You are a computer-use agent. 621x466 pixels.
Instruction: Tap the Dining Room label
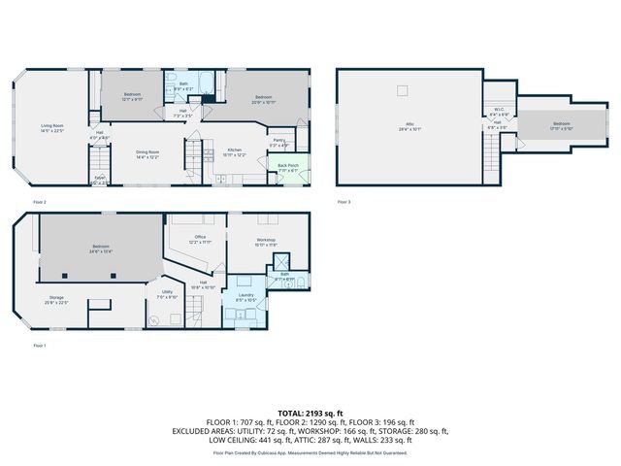coord(147,153)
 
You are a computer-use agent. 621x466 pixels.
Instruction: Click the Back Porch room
coord(288,167)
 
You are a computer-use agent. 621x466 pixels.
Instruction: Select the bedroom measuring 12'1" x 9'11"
coord(132,96)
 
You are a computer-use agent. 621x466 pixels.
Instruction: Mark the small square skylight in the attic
coord(402,91)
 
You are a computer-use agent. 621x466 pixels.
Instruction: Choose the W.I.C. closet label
coord(499,111)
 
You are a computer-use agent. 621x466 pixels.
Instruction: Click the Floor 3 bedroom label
coord(563,125)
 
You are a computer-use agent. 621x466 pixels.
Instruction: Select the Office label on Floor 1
coord(200,239)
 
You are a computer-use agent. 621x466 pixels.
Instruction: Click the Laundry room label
coord(246,298)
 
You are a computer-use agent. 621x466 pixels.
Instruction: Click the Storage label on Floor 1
coord(56,300)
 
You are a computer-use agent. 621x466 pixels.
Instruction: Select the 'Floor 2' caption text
coord(40,201)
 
